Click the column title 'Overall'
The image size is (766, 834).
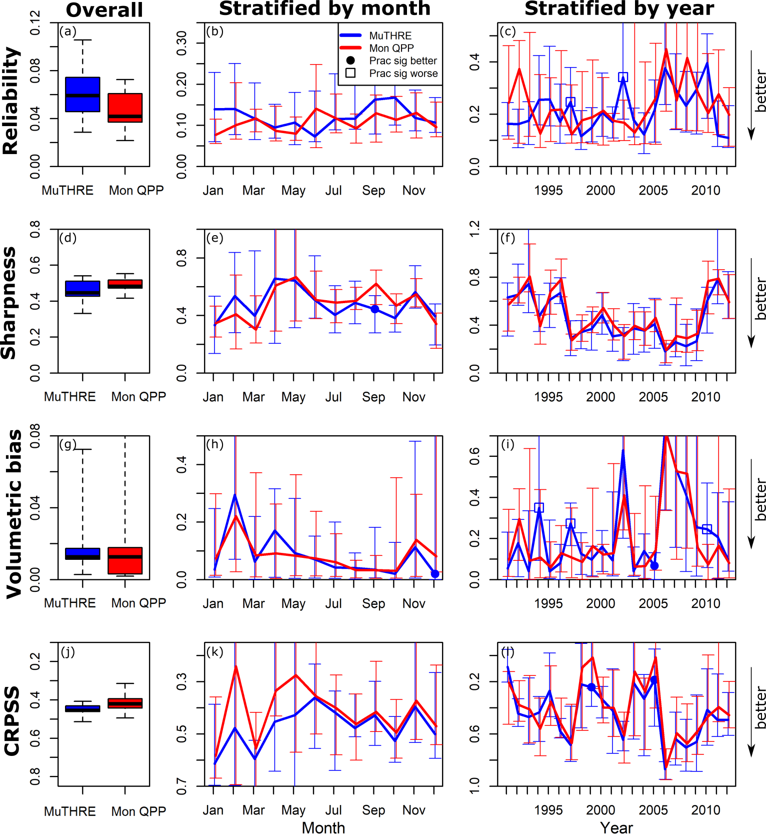(x=104, y=10)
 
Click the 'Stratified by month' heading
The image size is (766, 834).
(x=324, y=9)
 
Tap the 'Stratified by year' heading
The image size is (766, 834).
(x=619, y=9)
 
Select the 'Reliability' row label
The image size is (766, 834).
(x=11, y=100)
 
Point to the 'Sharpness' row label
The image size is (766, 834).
(x=9, y=303)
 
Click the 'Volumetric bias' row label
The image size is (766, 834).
(x=14, y=513)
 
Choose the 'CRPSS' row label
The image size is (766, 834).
(x=12, y=720)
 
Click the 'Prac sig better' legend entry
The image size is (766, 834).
(x=402, y=61)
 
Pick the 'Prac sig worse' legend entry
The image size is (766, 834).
(x=403, y=74)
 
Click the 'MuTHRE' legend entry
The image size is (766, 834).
(x=390, y=36)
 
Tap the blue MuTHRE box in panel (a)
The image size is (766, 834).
(x=82, y=94)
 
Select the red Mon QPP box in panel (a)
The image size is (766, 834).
(x=125, y=108)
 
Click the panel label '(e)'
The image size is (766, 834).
(x=215, y=238)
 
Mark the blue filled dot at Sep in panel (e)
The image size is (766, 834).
(x=374, y=309)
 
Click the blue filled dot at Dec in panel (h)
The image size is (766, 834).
(x=435, y=574)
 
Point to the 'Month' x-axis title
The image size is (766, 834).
(x=323, y=827)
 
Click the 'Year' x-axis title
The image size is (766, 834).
(x=616, y=827)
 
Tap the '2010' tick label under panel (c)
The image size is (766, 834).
(x=705, y=191)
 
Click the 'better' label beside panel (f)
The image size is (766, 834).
(x=760, y=299)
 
